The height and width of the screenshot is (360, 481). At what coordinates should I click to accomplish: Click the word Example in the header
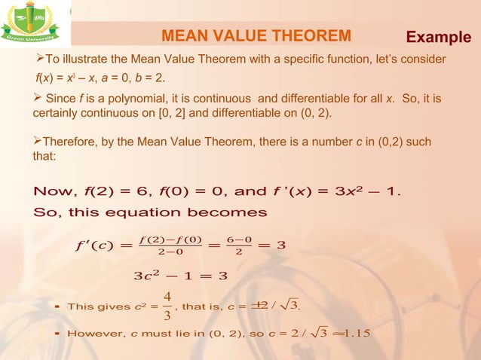click(x=440, y=37)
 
